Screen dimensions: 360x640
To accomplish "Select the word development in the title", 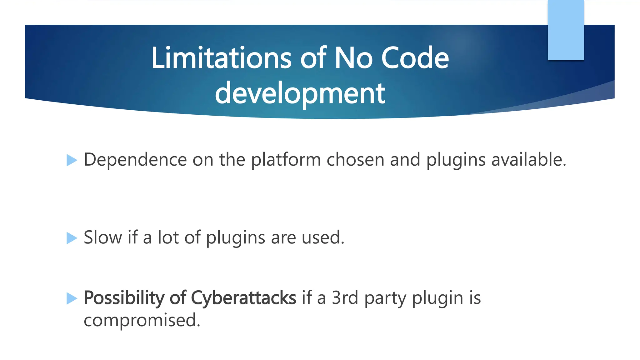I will point(300,93).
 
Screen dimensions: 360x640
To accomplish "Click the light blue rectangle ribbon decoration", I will point(566,30).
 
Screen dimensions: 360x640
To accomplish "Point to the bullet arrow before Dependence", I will point(72,160).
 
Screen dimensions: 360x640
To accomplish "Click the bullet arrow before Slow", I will point(72,238).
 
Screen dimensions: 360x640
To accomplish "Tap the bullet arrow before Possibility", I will point(72,298).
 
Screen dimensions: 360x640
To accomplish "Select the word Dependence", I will point(135,160).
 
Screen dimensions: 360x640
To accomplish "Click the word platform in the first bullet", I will point(286,160).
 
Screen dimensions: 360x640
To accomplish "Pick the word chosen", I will point(355,160).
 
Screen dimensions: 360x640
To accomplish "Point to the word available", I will point(528,160).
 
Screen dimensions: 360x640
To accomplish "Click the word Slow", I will point(103,237).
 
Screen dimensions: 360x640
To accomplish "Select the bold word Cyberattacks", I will point(243,298).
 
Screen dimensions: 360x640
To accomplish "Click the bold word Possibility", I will point(124,298).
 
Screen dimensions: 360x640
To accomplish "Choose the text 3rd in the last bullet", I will point(345,297).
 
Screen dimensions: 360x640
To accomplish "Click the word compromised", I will point(142,320).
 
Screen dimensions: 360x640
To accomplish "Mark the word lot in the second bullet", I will point(168,237).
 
